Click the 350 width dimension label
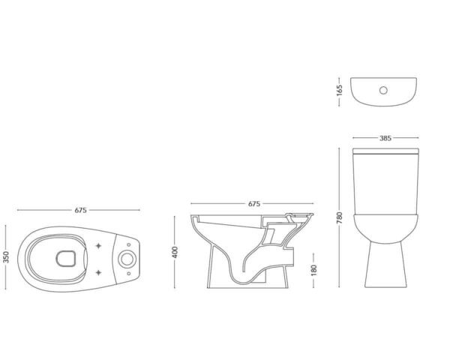pyautogui.click(x=6, y=257)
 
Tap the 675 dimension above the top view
pyautogui.click(x=81, y=210)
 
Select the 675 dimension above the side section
pyautogui.click(x=254, y=203)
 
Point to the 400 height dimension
pyautogui.click(x=175, y=252)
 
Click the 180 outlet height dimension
pyautogui.click(x=313, y=270)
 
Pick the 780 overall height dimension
pyautogui.click(x=340, y=218)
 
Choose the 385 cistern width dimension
pyautogui.click(x=385, y=138)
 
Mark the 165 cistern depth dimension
pyautogui.click(x=340, y=91)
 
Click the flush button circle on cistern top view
pyautogui.click(x=383, y=91)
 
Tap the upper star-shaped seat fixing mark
pyautogui.click(x=98, y=246)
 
